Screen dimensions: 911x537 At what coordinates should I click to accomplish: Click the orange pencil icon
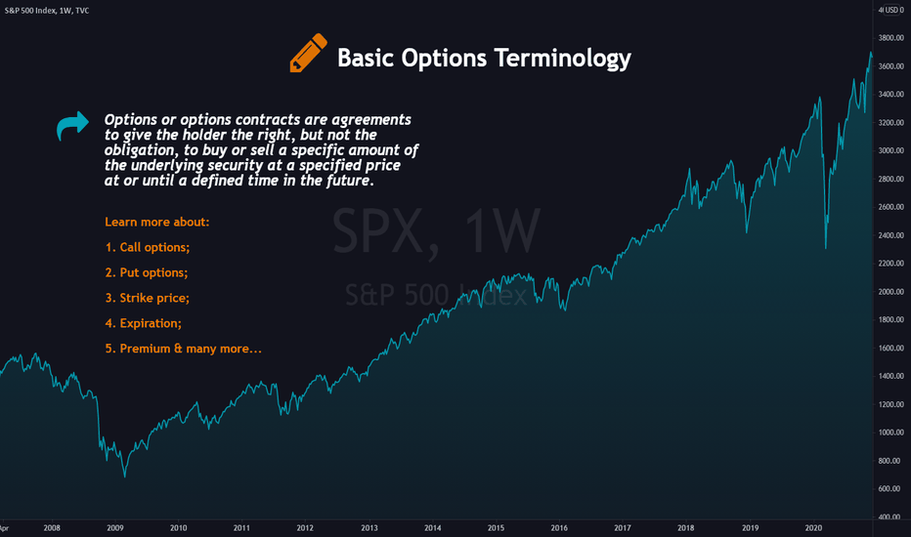(x=309, y=53)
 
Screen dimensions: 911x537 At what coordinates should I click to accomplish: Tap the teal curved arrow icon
(x=72, y=125)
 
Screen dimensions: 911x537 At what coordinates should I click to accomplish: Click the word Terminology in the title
(x=562, y=59)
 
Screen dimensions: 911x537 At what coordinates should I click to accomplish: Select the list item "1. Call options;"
(x=148, y=247)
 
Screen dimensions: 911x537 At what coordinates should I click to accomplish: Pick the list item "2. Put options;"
(x=147, y=272)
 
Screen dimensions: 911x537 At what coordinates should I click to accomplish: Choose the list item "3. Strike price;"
(x=147, y=298)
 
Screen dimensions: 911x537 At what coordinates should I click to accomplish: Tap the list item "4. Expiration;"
(x=144, y=323)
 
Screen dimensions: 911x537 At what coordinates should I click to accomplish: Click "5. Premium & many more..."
(x=184, y=349)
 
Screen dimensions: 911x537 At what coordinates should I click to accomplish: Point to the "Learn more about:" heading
(x=156, y=222)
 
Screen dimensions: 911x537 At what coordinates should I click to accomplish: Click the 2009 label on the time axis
(x=115, y=527)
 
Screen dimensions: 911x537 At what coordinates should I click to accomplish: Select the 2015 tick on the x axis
(x=496, y=527)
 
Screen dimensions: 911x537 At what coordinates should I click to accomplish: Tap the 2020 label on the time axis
(x=813, y=527)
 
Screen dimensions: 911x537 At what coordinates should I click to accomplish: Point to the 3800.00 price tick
(x=891, y=38)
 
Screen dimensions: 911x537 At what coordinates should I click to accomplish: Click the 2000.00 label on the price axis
(x=891, y=291)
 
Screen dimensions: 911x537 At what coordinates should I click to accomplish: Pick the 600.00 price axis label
(x=891, y=489)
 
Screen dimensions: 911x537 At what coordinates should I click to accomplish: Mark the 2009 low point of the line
(x=124, y=476)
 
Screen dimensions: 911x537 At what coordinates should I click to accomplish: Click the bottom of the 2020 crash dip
(x=826, y=248)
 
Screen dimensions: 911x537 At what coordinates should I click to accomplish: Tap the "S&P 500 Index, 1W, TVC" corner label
(x=47, y=11)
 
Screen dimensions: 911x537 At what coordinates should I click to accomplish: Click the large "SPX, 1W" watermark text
(x=436, y=231)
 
